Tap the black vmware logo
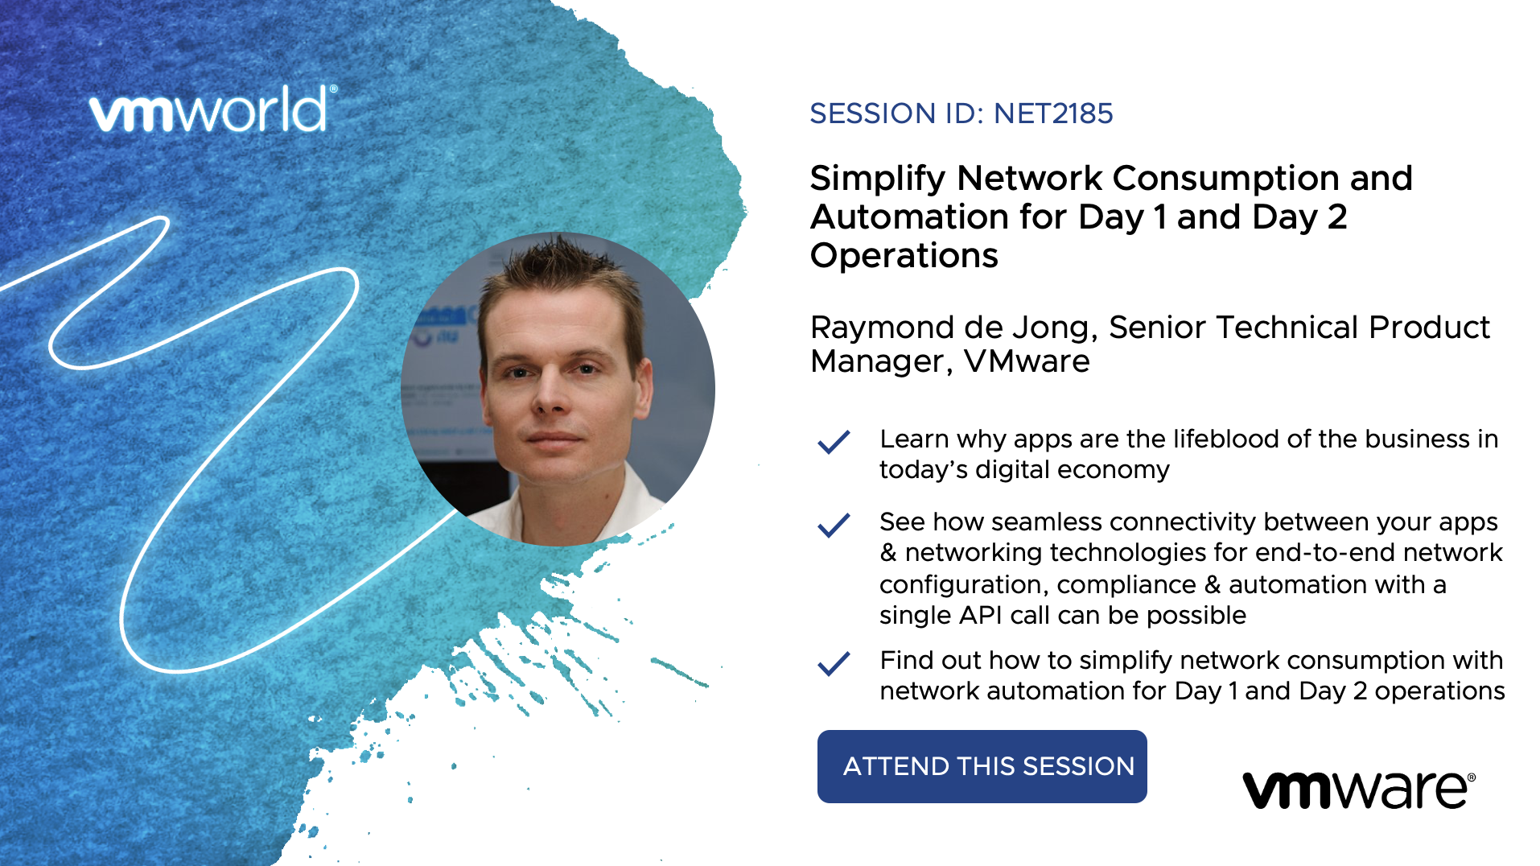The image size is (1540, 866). point(1359,790)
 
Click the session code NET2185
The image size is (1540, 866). point(1053,113)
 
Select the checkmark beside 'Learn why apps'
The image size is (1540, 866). point(834,442)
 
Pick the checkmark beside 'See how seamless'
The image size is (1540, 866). point(834,525)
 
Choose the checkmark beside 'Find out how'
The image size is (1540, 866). point(834,663)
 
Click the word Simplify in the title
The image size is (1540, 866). point(877,179)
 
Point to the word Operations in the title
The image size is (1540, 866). point(904,256)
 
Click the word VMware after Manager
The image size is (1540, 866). point(1027,361)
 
